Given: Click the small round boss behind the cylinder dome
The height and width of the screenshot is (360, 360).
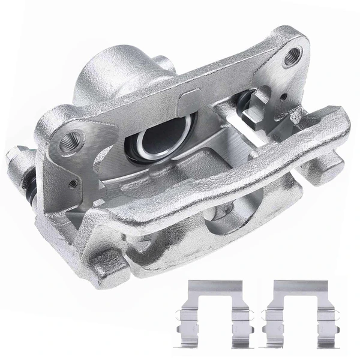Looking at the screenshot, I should [163, 61].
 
